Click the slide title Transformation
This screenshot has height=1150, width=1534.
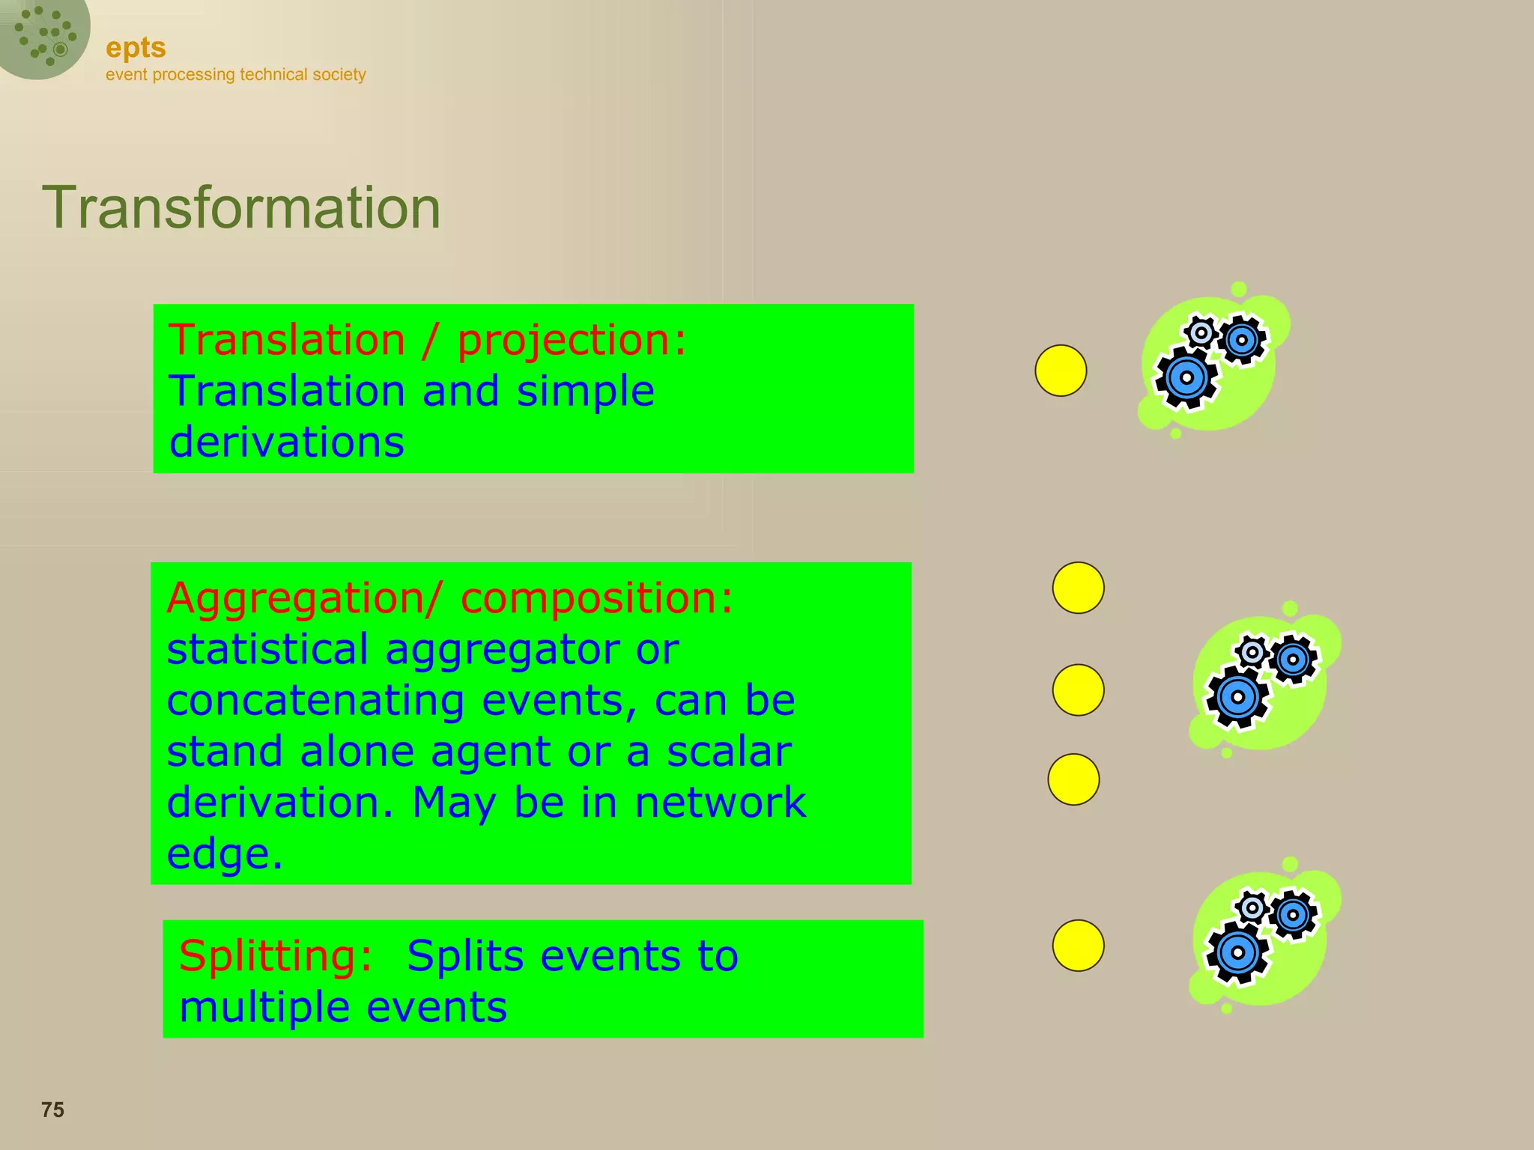point(241,208)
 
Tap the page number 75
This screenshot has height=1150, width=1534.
point(52,1110)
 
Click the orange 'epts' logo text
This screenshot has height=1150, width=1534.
point(136,48)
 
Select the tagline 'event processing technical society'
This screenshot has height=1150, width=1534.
point(235,75)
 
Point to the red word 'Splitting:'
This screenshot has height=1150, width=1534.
point(276,956)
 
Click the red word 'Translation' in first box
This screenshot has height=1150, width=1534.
point(287,341)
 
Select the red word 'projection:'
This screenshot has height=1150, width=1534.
point(572,341)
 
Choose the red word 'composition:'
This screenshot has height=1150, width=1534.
point(596,599)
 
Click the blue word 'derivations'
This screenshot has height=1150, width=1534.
point(287,442)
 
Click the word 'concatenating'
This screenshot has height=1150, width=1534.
point(315,701)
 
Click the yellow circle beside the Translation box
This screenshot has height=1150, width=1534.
point(1061,371)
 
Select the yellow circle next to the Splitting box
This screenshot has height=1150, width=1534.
point(1078,946)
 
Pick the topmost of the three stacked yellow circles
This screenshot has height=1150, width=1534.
point(1078,588)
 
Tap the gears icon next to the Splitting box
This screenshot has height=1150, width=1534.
point(1262,937)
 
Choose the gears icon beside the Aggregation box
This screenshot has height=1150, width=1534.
point(1262,682)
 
